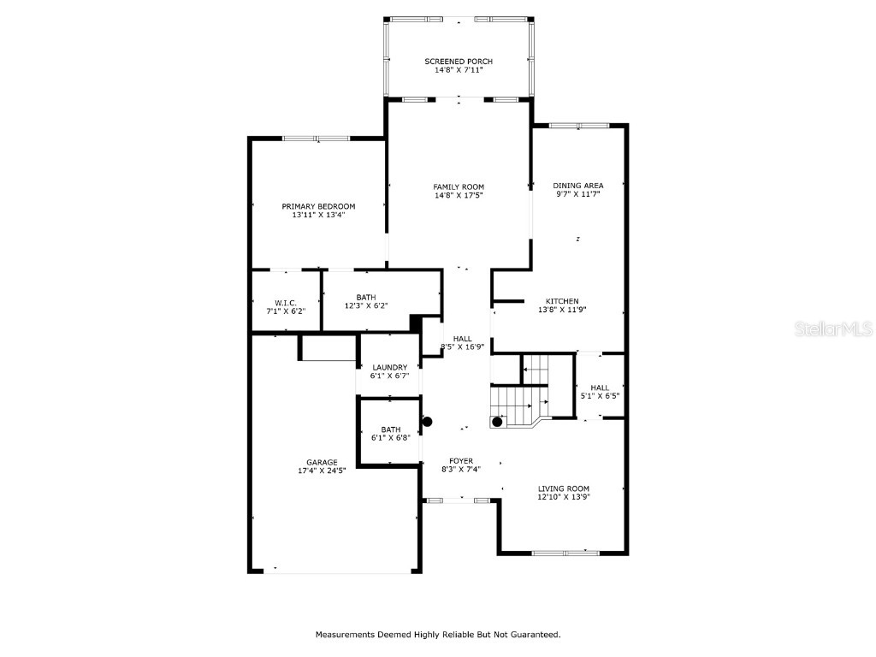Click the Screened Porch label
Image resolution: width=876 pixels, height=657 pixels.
coord(459,62)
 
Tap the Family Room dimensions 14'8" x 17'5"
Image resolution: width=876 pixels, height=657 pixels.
coord(459,196)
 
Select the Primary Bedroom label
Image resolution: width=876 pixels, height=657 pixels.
coord(318,206)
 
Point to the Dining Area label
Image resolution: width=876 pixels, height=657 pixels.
coord(577,185)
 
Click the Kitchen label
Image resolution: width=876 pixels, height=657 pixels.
coord(562,301)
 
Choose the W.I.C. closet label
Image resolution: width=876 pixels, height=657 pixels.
coord(285,302)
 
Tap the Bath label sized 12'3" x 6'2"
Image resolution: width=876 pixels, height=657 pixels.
coord(366,297)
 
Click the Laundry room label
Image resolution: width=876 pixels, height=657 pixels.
coord(389,367)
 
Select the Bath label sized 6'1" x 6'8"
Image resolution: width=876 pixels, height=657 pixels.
coord(390,429)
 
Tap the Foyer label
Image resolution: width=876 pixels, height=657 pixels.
coord(461,461)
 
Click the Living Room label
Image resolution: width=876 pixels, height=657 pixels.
coord(563,488)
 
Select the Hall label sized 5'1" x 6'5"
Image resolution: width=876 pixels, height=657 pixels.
coord(600,388)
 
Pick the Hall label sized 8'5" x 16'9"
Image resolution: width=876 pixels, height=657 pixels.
coord(463,338)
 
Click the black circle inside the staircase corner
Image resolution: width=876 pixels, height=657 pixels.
coord(497,422)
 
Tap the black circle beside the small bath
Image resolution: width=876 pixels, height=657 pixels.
coord(428,421)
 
